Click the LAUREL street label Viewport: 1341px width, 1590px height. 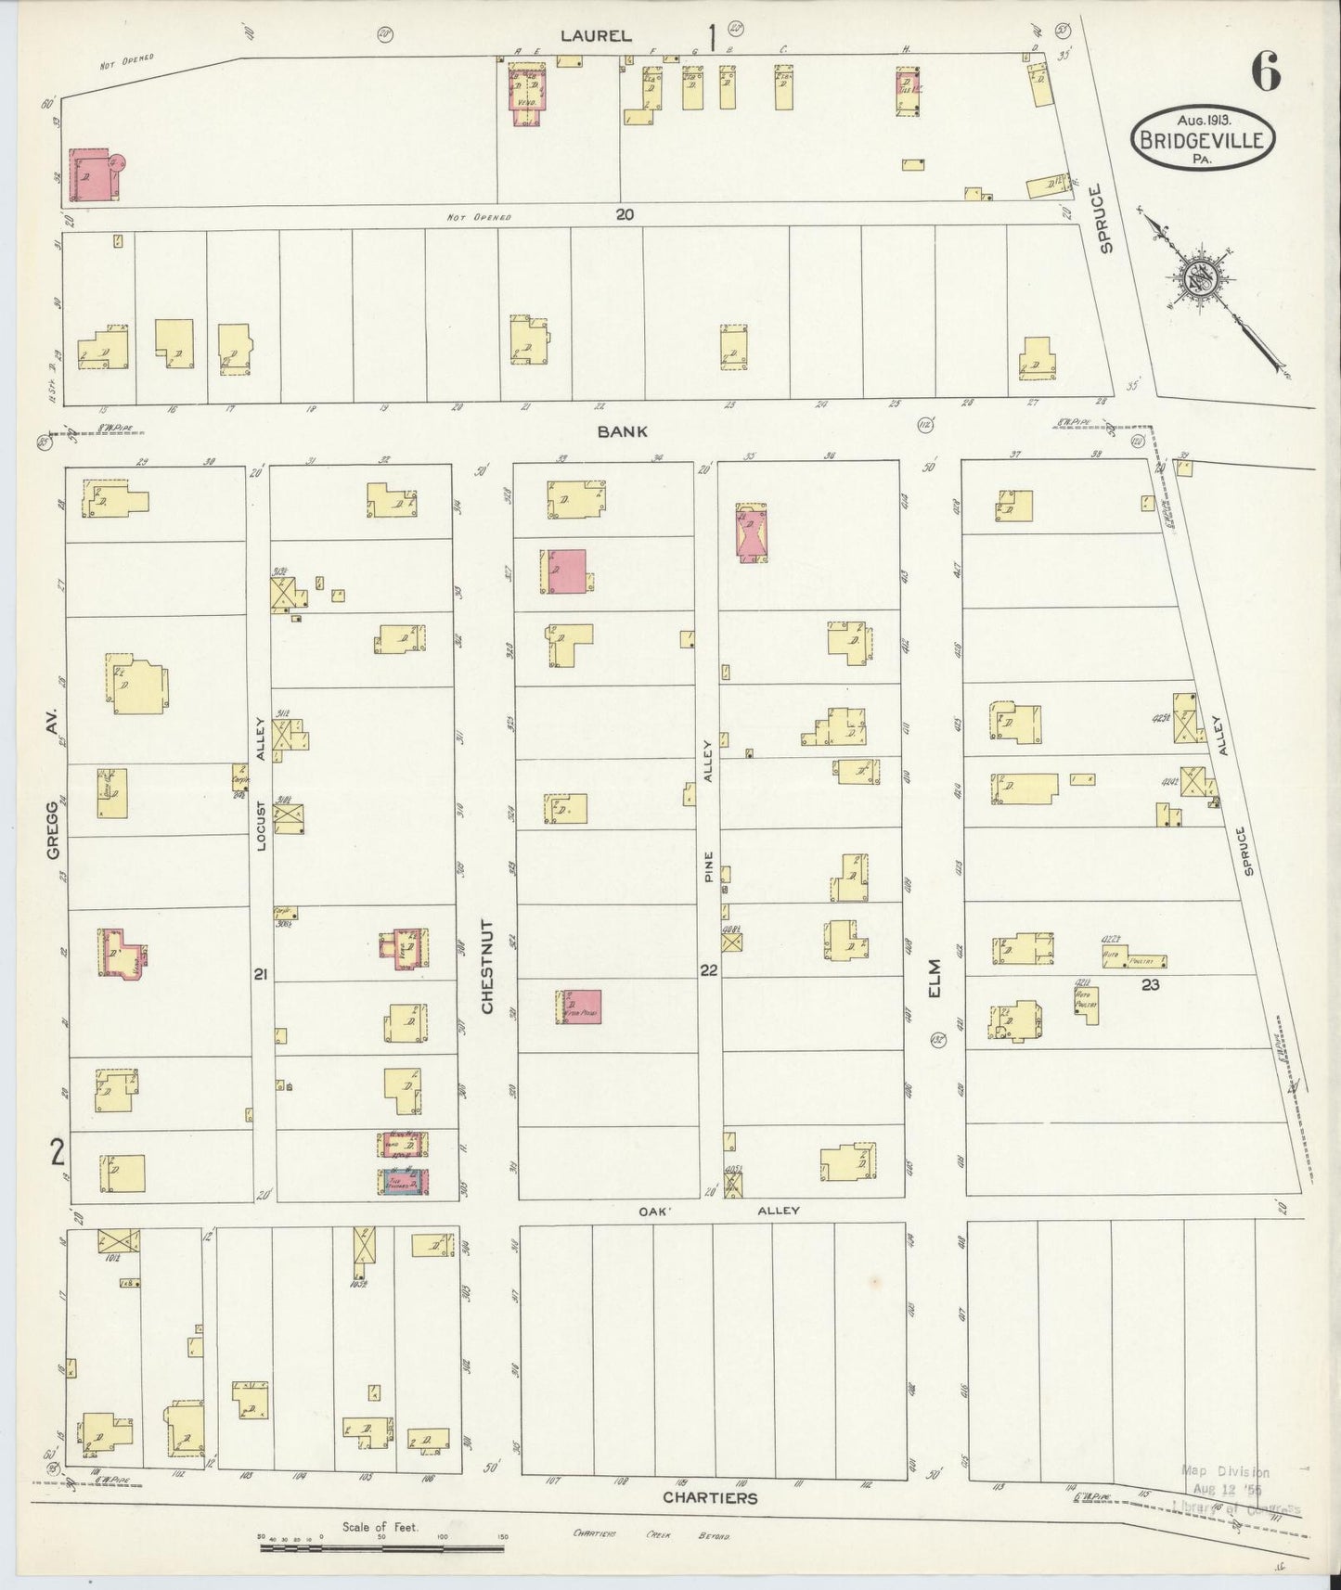coord(597,36)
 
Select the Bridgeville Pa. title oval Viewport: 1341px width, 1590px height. coord(1203,138)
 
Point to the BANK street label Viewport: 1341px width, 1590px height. coord(623,431)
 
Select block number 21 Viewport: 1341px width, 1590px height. coord(261,973)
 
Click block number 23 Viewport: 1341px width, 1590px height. coord(1150,984)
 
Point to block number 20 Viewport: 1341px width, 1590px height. coord(625,214)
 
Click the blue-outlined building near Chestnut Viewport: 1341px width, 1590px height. coord(403,1181)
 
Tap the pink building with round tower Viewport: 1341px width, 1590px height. coord(95,173)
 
